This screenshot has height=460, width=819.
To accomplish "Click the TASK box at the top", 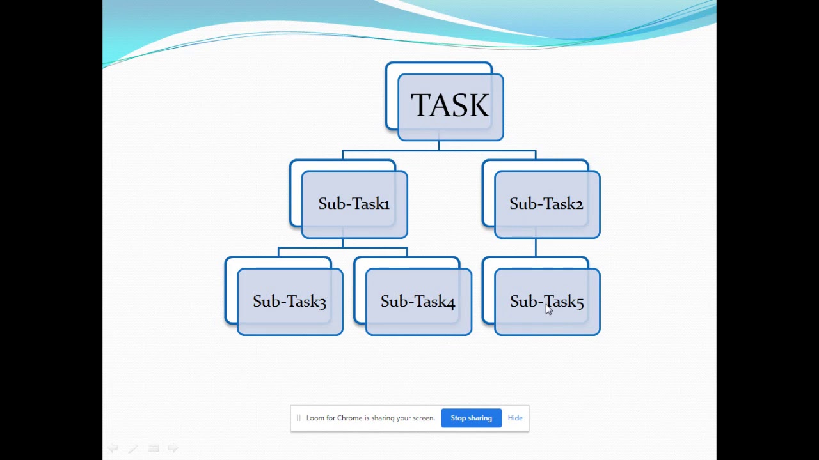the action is tap(450, 107).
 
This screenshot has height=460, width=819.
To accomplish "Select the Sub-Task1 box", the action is tap(354, 204).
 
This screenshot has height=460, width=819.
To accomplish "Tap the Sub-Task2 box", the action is tap(546, 204).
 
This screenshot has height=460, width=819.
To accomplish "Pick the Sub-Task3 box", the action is tap(290, 302).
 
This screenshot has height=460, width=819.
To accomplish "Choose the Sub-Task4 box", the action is tap(418, 302).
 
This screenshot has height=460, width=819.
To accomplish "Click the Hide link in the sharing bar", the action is tap(515, 418).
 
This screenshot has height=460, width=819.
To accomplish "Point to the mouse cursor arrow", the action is tap(548, 309).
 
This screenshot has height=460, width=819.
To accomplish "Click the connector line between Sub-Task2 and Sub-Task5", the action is tap(536, 248).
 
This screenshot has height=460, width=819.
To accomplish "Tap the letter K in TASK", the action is tap(479, 106).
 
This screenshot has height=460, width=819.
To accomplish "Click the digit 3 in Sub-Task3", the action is tap(322, 302).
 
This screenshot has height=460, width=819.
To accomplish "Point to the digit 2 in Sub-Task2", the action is tap(578, 204).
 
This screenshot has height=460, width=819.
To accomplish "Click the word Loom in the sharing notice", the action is tap(315, 418).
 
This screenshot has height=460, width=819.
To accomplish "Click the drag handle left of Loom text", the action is tap(298, 418).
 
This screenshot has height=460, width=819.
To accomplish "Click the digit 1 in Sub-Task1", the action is tap(386, 204).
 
